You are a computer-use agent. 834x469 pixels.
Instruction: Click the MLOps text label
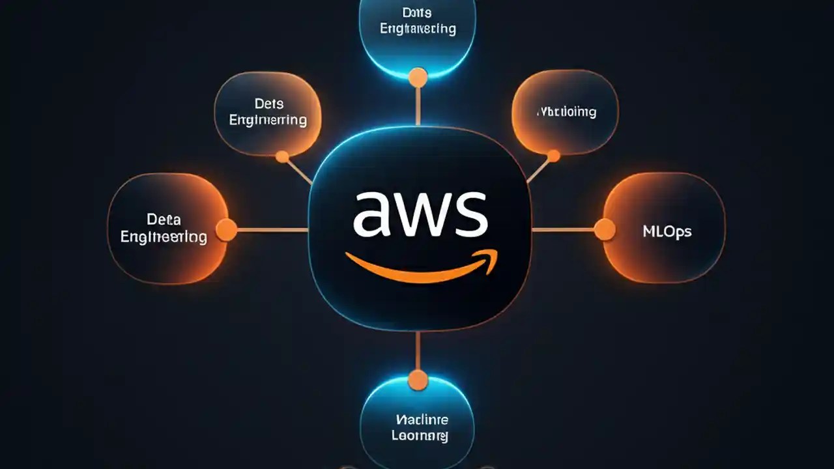coord(667,231)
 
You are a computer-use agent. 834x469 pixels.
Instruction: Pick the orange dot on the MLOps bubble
coord(605,229)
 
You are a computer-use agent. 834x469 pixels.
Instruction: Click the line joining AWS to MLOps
coord(564,229)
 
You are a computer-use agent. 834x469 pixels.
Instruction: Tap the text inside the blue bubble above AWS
coord(418,21)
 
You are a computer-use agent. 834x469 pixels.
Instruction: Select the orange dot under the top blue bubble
coord(418,78)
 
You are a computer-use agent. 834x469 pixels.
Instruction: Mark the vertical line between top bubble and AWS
coord(418,106)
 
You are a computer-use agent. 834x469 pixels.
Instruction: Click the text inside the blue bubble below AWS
coord(420,427)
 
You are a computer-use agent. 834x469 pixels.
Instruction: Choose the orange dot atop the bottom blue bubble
coord(418,380)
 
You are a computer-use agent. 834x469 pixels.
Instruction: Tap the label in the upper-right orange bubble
coord(566,112)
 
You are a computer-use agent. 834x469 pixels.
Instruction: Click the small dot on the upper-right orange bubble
coord(553,156)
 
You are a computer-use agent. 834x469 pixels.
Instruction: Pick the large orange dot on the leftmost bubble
coord(226,230)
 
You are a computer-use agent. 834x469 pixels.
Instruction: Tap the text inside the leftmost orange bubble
coord(164,228)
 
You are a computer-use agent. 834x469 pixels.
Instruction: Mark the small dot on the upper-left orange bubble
coord(282,156)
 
